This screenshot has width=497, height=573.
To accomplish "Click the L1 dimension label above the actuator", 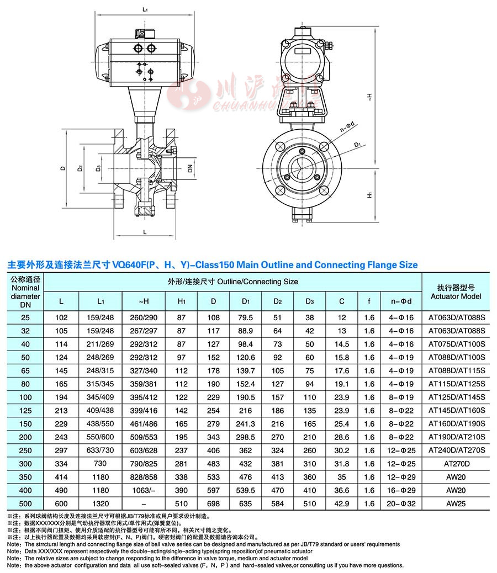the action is pos(145,9).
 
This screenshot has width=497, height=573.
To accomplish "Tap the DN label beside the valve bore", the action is pos(190,168).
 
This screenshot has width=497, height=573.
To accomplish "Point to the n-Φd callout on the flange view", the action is pos(347,127).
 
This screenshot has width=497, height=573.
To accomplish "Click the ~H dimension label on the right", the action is pos(369,97).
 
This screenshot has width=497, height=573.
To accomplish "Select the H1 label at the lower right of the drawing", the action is pos(369,195).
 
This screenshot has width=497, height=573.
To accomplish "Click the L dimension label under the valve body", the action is pos(145,232).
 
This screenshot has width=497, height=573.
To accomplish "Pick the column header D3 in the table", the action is pos(310,301).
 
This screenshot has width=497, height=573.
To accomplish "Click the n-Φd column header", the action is pos(401,301).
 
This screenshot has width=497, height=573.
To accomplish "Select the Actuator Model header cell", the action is pos(456,292).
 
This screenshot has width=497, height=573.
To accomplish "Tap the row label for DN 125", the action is pos(25,410).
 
